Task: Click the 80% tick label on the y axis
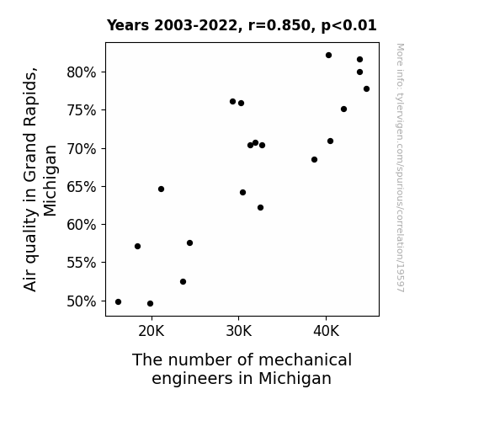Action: click(x=81, y=72)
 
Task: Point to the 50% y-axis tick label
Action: click(x=81, y=301)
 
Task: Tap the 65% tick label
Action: click(x=81, y=187)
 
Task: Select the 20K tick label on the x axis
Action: click(x=152, y=332)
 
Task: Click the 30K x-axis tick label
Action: click(x=238, y=332)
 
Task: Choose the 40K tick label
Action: click(x=326, y=332)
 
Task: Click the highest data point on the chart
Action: click(x=328, y=56)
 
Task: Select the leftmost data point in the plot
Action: click(x=118, y=301)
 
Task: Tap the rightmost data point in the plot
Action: click(x=366, y=89)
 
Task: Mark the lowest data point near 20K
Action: click(x=151, y=304)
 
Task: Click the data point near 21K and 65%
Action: click(x=161, y=189)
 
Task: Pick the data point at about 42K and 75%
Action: click(x=344, y=109)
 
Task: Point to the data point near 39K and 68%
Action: click(x=314, y=160)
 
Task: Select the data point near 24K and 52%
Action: click(x=183, y=282)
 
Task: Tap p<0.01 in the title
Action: click(x=348, y=26)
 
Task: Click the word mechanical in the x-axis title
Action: click(x=305, y=360)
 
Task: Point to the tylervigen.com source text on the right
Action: click(x=400, y=168)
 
